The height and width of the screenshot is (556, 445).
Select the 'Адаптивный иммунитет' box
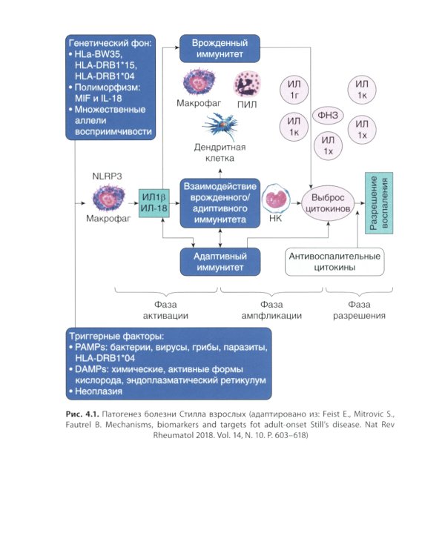coord(224,262)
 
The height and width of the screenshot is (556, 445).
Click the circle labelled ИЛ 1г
coord(294,91)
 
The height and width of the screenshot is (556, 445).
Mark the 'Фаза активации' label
coord(165,309)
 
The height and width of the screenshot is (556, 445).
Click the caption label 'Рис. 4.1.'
coord(84,410)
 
